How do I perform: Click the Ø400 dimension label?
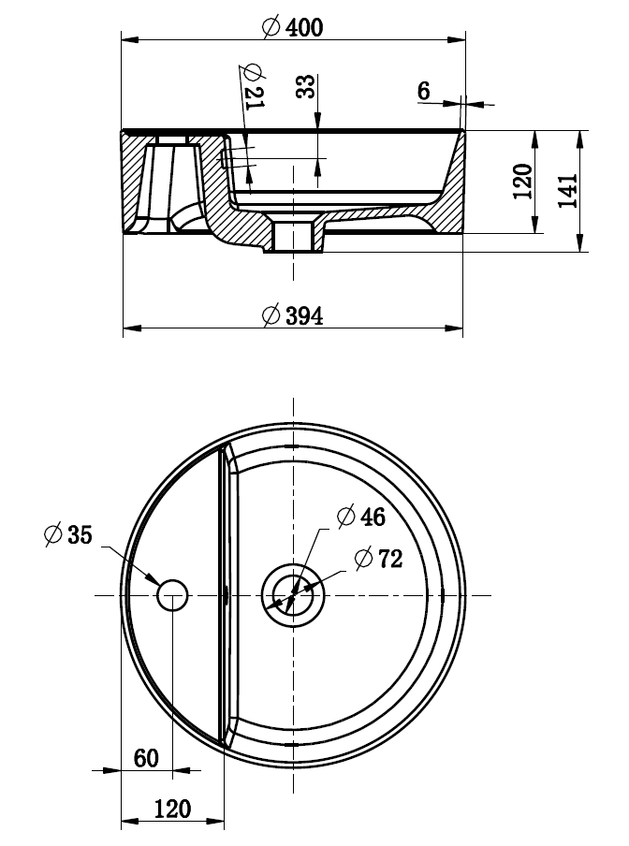pos(293,27)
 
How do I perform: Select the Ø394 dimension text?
pos(293,316)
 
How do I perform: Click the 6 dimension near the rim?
pos(424,91)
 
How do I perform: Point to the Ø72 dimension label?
pos(378,559)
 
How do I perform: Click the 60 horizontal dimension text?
pos(146,757)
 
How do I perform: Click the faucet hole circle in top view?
pos(172,595)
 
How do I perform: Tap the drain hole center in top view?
pos(293,595)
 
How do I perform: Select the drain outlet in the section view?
pos(293,238)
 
